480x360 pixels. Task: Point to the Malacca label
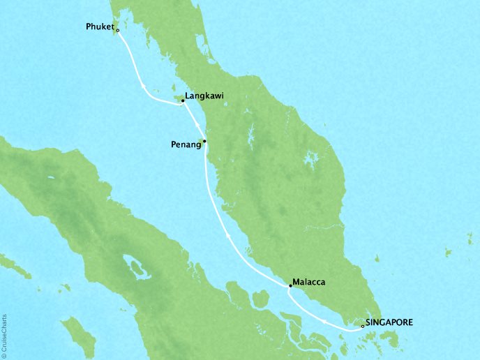pos(311,282)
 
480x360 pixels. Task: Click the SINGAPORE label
pos(389,322)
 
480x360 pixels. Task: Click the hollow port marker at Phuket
pos(117,31)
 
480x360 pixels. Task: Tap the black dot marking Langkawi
pos(183,101)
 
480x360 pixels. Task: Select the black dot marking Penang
pos(204,141)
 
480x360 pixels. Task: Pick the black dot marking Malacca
pos(290,286)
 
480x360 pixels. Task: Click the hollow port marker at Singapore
pos(361,325)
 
